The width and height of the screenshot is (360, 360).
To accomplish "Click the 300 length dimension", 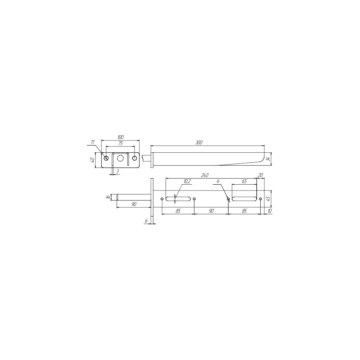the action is (x=199, y=143).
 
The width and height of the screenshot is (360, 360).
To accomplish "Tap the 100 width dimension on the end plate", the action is (x=121, y=137).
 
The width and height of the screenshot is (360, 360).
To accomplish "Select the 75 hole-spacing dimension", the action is (x=121, y=144).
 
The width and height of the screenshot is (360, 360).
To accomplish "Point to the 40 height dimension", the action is (x=92, y=160).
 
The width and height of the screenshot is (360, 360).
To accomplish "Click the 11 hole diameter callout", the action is (x=93, y=142).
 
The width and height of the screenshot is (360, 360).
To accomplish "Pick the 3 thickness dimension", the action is (x=117, y=171).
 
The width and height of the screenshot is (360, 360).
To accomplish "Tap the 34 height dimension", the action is (x=268, y=159).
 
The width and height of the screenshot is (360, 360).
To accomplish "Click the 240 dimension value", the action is (x=204, y=175).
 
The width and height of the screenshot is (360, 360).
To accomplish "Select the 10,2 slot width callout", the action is (x=187, y=181).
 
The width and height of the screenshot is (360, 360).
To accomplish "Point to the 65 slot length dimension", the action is (x=244, y=181).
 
